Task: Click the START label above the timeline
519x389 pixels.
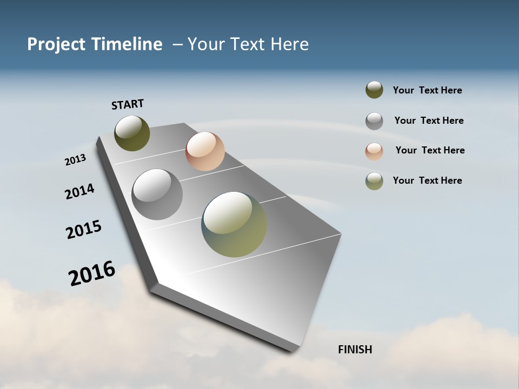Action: click(128, 104)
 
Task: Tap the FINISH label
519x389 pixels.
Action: click(355, 350)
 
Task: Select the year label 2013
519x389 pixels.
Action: click(75, 160)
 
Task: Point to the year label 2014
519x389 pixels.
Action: click(79, 191)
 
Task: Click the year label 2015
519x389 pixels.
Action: click(84, 230)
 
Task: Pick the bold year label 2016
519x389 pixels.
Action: click(92, 273)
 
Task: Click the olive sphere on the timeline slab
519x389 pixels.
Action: click(132, 133)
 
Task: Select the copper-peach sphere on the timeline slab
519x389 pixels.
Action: click(205, 151)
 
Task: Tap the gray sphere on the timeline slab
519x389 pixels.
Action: click(157, 194)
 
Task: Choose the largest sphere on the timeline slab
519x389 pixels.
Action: click(234, 224)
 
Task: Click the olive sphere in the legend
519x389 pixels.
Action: click(374, 90)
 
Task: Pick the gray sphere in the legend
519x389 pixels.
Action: click(374, 121)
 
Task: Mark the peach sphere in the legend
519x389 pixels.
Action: click(374, 151)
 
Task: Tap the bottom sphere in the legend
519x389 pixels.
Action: click(374, 181)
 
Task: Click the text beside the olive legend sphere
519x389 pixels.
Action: click(427, 90)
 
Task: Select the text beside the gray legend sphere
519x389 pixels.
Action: click(429, 120)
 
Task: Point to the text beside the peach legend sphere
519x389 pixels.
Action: click(430, 150)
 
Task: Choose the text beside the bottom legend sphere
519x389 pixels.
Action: click(427, 180)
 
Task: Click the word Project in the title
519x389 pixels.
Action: click(56, 44)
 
